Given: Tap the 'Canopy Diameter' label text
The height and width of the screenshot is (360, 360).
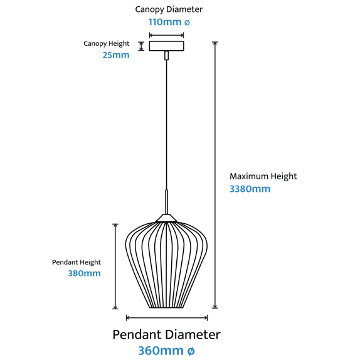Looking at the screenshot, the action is coord(169,9).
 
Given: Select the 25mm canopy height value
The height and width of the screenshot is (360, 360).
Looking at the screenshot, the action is coord(116,55).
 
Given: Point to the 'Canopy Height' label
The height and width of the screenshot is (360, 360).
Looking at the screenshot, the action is coord(106,44).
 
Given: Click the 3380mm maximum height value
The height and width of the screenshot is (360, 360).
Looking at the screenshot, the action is coord(250,189).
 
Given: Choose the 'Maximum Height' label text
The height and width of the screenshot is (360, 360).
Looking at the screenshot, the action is coord(263,176).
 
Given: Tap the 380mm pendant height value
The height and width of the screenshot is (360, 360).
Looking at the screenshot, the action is coord(84,273).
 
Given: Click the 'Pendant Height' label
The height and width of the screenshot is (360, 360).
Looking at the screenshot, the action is coord(77,262).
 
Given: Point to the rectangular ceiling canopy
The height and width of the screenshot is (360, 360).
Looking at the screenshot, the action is coord(166,46).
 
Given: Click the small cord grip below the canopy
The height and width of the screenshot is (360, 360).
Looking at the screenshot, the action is coord(166,56).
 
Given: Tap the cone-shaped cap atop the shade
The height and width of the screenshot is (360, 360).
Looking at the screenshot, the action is coord(166,218).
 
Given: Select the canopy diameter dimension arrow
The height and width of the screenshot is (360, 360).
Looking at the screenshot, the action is coord(166,35).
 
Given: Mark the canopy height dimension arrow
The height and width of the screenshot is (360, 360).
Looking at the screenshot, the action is coord(141,46).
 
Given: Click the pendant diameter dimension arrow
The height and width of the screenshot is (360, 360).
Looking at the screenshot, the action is coord(167,318).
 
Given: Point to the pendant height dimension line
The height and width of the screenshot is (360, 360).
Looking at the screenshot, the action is coord(115,267).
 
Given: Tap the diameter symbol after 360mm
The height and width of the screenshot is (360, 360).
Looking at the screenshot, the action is coord(191,351).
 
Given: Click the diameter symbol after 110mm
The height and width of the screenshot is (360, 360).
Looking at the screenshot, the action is coord(187,23).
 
